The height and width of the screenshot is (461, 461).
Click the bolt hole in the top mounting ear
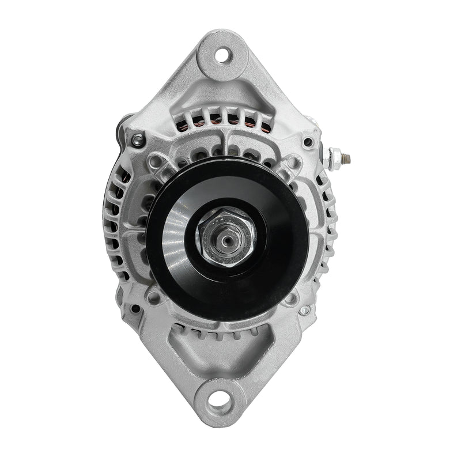click(221, 55)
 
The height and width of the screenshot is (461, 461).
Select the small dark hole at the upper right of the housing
click(308, 142)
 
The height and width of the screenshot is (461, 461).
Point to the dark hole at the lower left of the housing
click(136, 309)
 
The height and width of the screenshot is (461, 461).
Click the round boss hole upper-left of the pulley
click(154, 162)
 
